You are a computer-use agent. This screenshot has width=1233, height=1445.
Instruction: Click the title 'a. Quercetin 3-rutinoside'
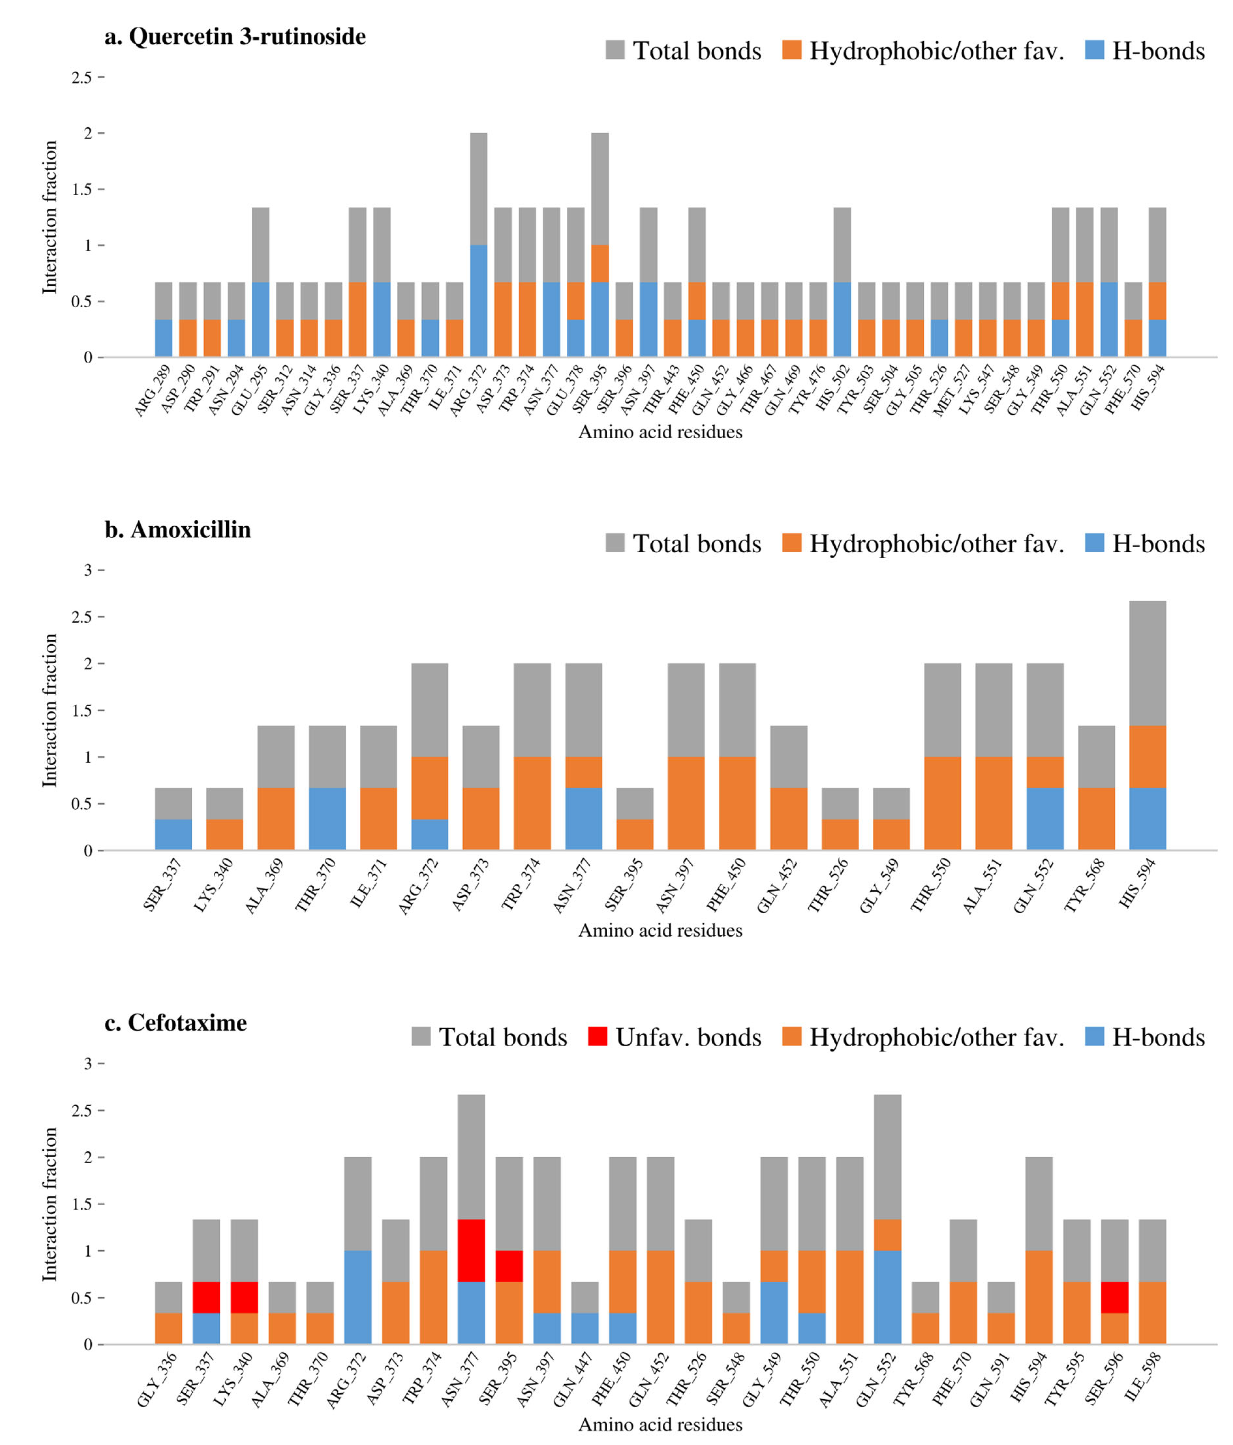point(235,36)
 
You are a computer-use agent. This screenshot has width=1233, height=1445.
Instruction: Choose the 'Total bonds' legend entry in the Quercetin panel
point(684,50)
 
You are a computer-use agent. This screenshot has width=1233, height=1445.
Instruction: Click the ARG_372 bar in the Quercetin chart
point(478,245)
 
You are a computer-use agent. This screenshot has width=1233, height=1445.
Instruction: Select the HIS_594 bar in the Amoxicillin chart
point(1147,725)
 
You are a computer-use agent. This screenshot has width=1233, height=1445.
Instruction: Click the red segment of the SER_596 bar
point(1114,1297)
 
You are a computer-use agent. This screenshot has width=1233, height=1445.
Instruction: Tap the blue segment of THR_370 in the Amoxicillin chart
point(327,819)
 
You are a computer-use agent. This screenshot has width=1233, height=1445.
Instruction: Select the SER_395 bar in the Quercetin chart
point(600,245)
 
